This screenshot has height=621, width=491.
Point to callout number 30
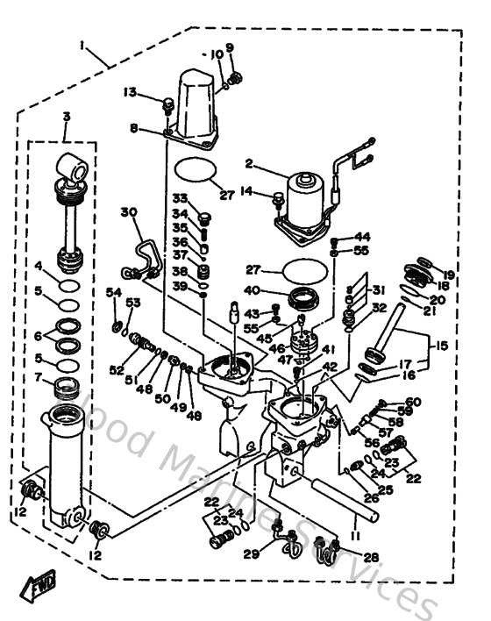[x=129, y=212]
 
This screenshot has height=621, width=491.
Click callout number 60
[x=414, y=402]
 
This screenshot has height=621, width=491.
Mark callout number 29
[x=252, y=555]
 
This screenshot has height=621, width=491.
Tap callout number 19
[x=449, y=275]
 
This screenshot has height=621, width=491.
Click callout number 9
[x=230, y=47]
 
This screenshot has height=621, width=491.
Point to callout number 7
[x=39, y=378]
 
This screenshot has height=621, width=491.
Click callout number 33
[x=180, y=197]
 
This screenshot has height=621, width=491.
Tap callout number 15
[x=440, y=346]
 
